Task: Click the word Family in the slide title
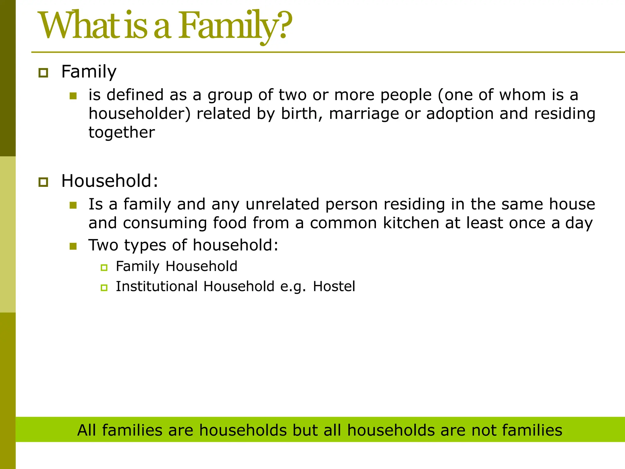click(x=227, y=26)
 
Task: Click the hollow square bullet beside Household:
click(x=43, y=182)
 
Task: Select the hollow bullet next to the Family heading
click(x=43, y=73)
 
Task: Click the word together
click(x=121, y=133)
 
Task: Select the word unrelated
click(x=282, y=204)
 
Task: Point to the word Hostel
click(x=334, y=287)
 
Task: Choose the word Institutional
click(x=157, y=287)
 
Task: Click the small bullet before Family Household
click(x=104, y=268)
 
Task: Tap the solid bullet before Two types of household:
click(x=73, y=246)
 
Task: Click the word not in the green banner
click(x=484, y=430)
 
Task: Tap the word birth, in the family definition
click(x=302, y=114)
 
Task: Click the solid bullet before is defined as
click(x=73, y=96)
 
